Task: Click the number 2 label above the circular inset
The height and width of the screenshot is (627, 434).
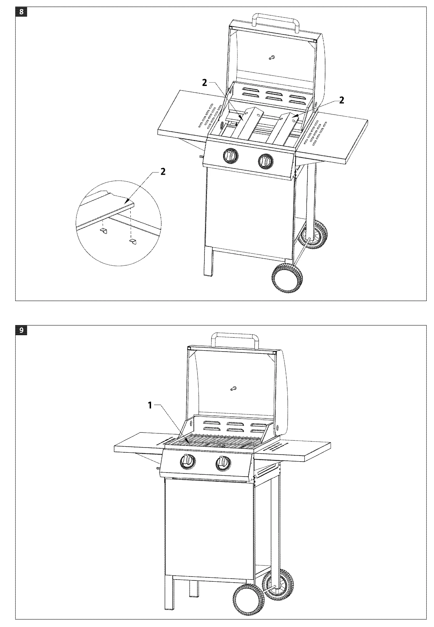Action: click(x=163, y=172)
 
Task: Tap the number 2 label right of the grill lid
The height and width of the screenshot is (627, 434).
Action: click(x=342, y=100)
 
